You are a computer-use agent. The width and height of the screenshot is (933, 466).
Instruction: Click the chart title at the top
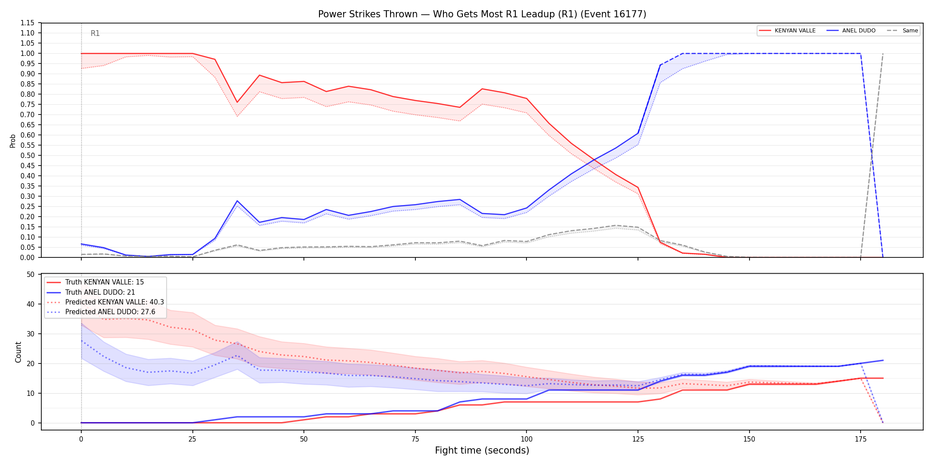coord(482,14)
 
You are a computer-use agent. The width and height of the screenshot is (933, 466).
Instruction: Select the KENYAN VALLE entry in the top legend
coord(787,31)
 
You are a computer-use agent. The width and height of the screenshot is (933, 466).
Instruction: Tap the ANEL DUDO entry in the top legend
coord(851,31)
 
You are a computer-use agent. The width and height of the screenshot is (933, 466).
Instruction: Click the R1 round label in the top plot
coord(95,33)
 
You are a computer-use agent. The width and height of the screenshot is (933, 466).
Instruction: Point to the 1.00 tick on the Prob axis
coord(28,53)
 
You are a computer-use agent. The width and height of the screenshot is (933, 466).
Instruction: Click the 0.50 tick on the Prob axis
coord(28,155)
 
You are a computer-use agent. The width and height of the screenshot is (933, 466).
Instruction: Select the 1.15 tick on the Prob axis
coord(28,23)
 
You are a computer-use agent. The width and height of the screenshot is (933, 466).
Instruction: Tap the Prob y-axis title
coord(13,141)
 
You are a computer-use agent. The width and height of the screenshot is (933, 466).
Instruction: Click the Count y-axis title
coord(18,352)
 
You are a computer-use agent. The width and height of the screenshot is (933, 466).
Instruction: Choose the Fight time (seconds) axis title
coord(482,450)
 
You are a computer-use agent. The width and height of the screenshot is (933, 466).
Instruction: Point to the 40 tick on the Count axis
coord(31,304)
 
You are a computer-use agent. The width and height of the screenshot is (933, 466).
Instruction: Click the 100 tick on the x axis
coord(526,439)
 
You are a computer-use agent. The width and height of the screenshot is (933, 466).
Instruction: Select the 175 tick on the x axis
coord(861,439)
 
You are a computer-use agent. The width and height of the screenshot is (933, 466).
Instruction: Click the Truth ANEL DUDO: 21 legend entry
coord(91,292)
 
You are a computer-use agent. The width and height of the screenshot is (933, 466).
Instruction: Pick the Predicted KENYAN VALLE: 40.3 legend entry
coord(105,302)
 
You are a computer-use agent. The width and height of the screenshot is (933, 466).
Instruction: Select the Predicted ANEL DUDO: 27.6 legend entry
coord(101,312)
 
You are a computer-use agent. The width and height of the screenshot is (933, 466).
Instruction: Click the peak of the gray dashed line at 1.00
coord(883,53)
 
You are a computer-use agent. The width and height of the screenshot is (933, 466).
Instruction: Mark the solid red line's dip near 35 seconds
coord(237,102)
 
